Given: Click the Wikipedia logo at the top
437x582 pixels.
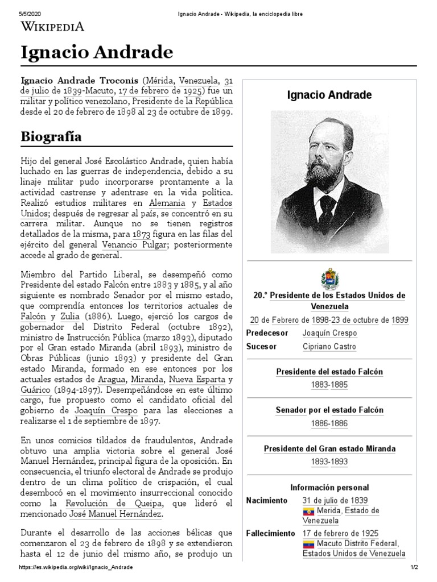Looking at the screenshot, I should point(52,26).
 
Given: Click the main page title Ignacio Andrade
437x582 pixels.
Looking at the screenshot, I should point(97,53).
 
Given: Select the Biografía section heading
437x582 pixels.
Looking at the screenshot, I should point(51,137).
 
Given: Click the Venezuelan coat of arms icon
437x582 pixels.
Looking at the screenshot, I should point(329,279).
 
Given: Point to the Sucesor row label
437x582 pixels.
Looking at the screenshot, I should point(261,347).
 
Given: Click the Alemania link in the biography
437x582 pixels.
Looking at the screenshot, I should point(167,203).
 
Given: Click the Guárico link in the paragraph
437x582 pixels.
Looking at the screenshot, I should point(35,391).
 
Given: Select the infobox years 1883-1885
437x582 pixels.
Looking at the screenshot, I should point(329,385).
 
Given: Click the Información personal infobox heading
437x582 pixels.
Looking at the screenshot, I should point(329,488).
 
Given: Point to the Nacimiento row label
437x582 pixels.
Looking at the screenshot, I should point(266,500).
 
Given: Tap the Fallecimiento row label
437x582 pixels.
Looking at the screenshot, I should point(270,533).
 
